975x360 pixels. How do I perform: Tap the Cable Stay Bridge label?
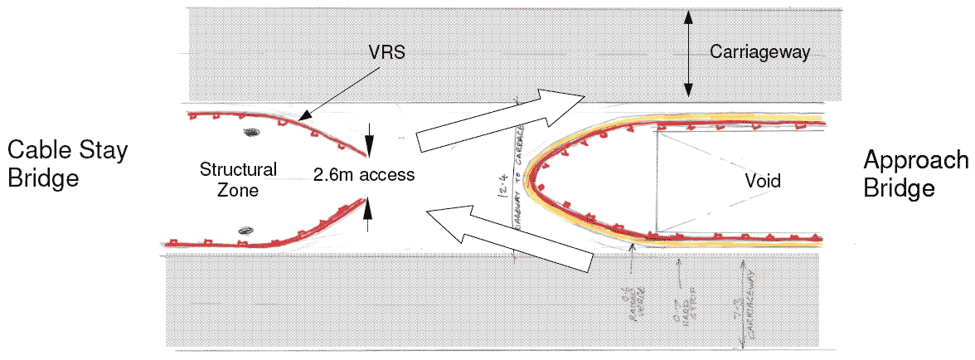pyautogui.click(x=67, y=163)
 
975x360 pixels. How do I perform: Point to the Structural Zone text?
pyautogui.click(x=238, y=178)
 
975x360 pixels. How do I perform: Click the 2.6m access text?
pyautogui.click(x=363, y=176)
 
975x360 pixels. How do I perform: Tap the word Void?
pyautogui.click(x=763, y=180)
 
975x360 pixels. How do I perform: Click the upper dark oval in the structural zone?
pyautogui.click(x=250, y=132)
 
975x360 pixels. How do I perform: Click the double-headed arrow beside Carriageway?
pyautogui.click(x=687, y=54)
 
